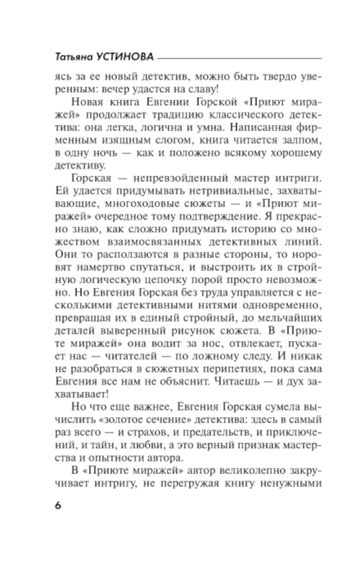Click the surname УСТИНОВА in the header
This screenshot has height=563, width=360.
pyautogui.click(x=125, y=57)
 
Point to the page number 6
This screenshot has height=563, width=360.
pyautogui.click(x=58, y=505)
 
